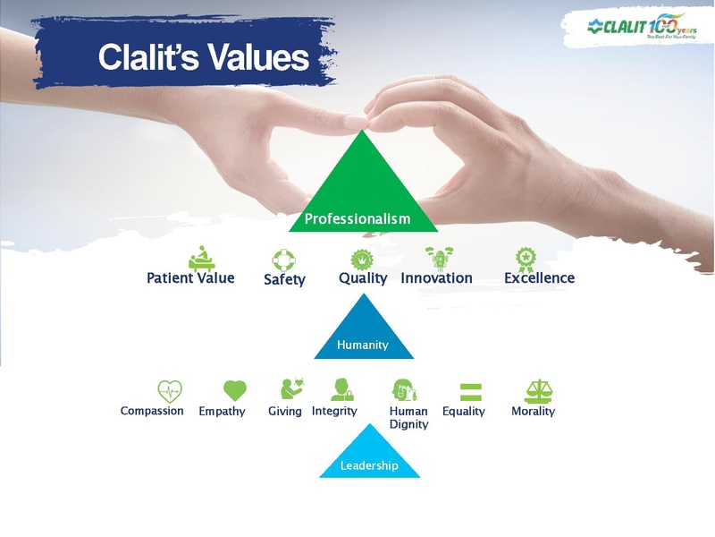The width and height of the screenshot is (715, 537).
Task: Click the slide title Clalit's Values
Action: [x=203, y=58]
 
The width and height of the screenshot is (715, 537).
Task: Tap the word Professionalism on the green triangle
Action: [x=357, y=218]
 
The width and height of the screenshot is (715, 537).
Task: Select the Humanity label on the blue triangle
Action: [x=362, y=345]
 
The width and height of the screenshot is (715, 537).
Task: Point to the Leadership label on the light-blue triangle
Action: [x=369, y=465]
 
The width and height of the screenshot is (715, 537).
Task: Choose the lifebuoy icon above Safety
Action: [x=284, y=260]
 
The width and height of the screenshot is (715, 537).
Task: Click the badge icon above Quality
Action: [x=361, y=259]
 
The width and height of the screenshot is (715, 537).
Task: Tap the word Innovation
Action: [x=436, y=278]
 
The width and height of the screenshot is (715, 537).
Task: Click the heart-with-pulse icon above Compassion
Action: [x=169, y=390]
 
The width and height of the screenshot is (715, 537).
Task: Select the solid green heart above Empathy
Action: [x=234, y=390]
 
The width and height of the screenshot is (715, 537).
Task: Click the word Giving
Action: [x=284, y=412]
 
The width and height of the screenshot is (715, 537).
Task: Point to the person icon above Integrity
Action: [x=341, y=389]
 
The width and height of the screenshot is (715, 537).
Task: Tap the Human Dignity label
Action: [x=408, y=418]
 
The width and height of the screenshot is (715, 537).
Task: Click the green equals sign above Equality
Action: [x=470, y=391]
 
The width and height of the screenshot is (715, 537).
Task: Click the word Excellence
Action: [x=539, y=278]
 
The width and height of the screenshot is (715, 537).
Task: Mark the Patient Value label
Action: [x=190, y=278]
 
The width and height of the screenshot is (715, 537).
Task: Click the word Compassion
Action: [x=152, y=412]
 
